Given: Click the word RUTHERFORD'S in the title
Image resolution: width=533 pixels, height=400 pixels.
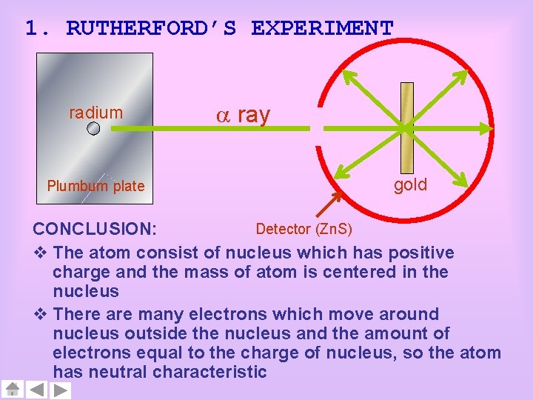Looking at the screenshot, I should click(x=151, y=28).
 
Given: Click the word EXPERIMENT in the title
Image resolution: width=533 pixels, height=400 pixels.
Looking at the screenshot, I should click(x=322, y=28).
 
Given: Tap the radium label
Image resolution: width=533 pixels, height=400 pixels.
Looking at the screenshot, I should click(x=95, y=113).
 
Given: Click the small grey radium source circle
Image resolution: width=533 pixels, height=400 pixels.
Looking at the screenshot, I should click(x=93, y=129).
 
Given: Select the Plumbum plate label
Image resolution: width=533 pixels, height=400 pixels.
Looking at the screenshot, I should click(x=95, y=186).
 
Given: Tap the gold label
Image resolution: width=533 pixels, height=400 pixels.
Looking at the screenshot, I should click(x=410, y=185).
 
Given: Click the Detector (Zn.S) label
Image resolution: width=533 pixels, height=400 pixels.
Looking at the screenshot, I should click(x=304, y=227).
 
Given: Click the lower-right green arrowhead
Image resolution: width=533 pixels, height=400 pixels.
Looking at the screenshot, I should click(x=461, y=181).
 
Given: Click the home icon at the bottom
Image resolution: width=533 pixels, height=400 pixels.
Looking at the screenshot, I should click(x=13, y=390).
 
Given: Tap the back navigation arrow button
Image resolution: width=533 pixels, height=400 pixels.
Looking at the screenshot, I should click(x=37, y=390).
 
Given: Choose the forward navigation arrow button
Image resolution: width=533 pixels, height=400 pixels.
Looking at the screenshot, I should click(x=61, y=390).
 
